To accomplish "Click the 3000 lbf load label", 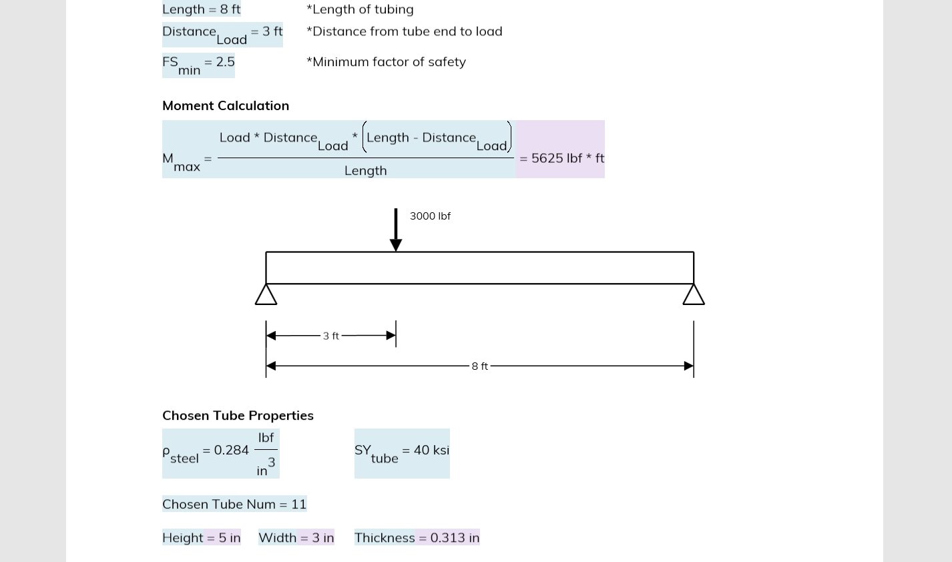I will coord(430,216).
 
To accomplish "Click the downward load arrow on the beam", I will coord(396,230).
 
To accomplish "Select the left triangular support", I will coord(266,294).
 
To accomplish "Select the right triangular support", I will coord(694,294).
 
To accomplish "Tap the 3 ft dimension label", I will coord(331,336).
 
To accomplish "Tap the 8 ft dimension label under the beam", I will coord(480,366).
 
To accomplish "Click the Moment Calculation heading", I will coord(226,105).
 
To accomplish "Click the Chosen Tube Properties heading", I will coord(238,415).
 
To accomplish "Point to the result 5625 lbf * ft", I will coord(561,158).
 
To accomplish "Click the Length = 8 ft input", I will coord(202,9).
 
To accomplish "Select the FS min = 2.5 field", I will coord(198,65).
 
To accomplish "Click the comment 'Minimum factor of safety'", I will coord(386,62).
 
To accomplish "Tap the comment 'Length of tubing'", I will coord(360,9).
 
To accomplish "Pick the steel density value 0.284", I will coord(231,451).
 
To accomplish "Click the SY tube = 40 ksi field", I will coord(402,453).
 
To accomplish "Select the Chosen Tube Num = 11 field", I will coord(234,504).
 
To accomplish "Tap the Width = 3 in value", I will coord(296,538).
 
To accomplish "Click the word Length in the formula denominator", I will coord(365,171).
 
